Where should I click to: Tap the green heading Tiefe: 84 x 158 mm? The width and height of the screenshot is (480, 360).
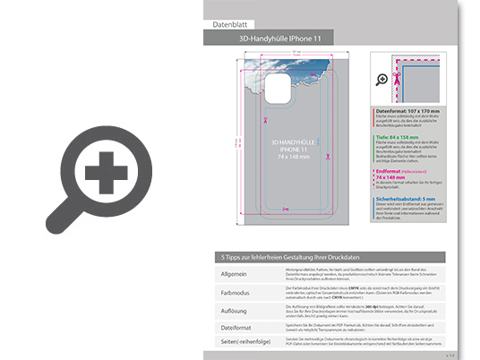399,137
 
